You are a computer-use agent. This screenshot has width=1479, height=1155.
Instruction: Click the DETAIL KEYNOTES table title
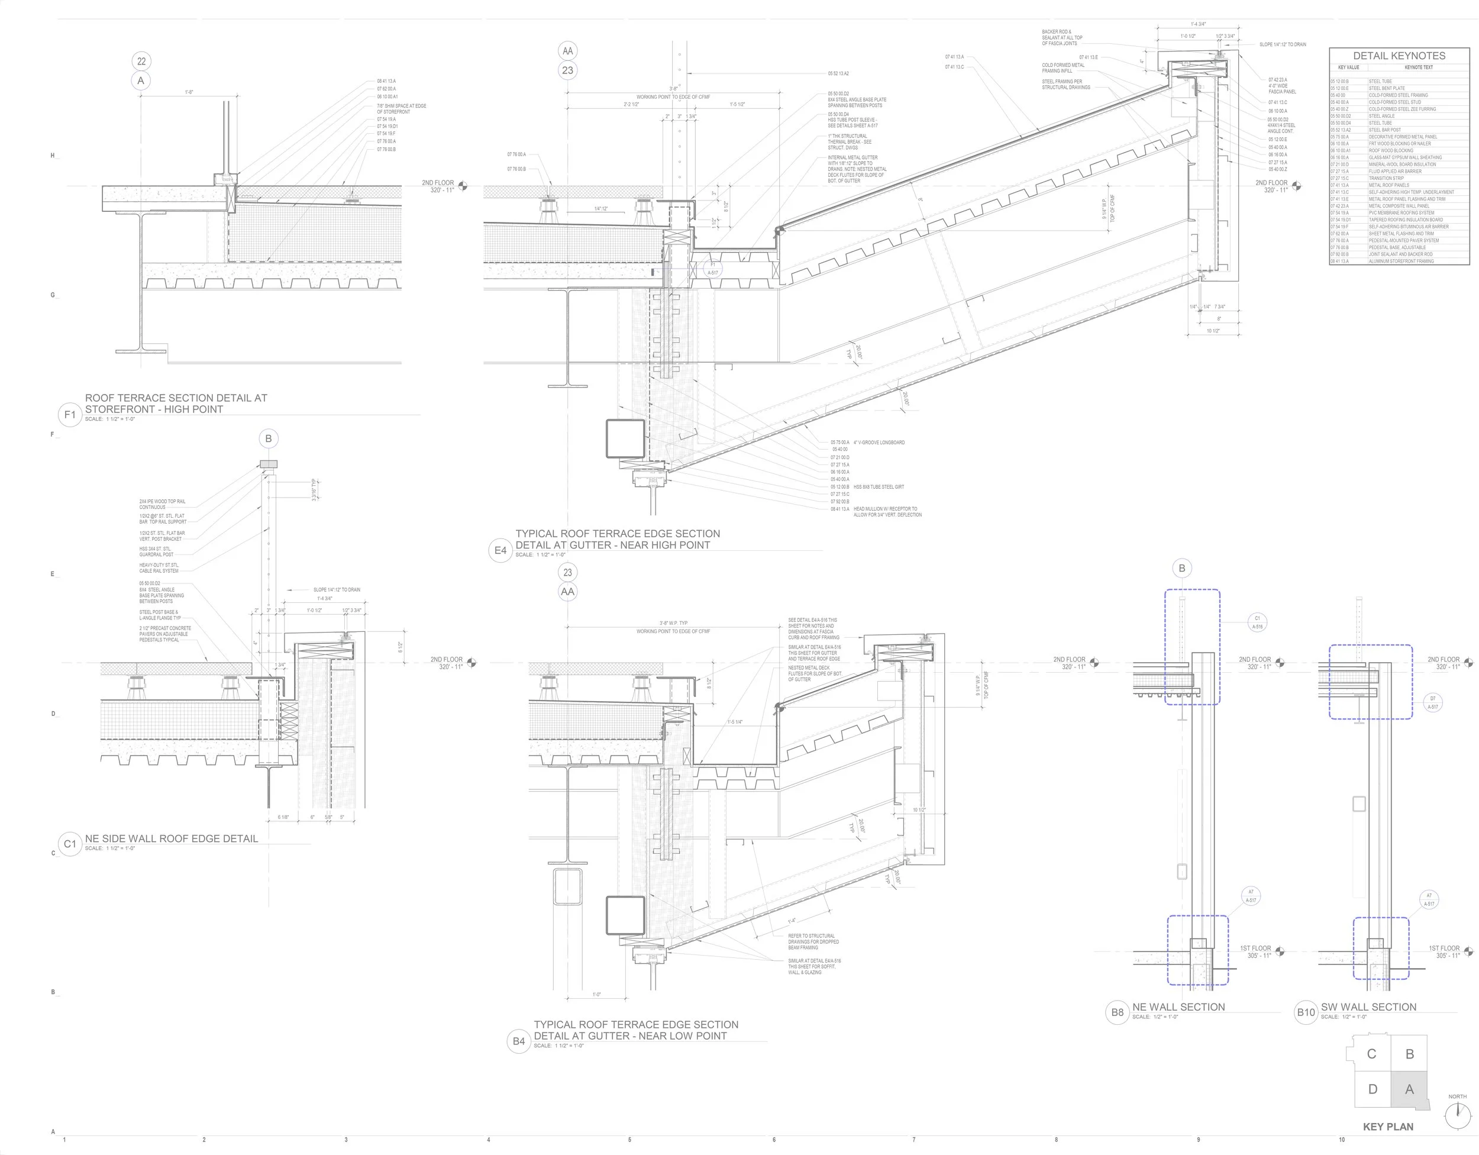(1399, 56)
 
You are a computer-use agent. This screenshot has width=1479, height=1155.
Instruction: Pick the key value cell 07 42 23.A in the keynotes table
(1339, 206)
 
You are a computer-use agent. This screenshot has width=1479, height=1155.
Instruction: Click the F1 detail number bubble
(70, 415)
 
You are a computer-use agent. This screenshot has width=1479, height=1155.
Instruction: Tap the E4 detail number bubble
(500, 551)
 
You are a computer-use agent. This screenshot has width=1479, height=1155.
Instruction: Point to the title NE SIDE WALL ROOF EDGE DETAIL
(172, 838)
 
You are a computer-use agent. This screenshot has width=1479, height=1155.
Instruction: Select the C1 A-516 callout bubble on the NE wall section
(1258, 622)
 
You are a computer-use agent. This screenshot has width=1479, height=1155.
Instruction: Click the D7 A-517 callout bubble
(1433, 702)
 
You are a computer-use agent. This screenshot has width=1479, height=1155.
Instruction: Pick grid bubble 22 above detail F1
(141, 61)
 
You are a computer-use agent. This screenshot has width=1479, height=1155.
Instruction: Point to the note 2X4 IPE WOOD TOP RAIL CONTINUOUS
(163, 504)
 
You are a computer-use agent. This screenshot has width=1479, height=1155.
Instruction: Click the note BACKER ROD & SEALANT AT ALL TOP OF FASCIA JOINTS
(1062, 37)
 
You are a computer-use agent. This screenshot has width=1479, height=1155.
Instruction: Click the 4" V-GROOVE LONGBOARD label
(879, 443)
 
